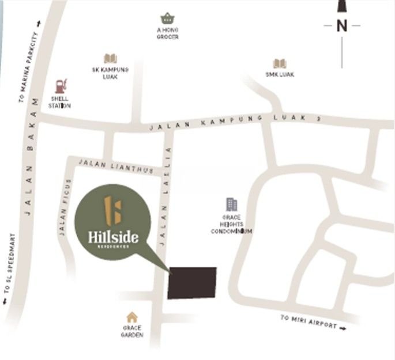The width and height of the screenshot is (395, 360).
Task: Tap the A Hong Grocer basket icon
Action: pyautogui.click(x=168, y=18)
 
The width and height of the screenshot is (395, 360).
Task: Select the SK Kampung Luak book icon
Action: pyautogui.click(x=110, y=58)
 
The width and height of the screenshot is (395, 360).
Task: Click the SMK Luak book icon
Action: pyautogui.click(x=280, y=63)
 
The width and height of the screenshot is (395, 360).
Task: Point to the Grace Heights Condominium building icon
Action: pyautogui.click(x=231, y=204)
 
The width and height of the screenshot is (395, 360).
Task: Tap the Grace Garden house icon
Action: pyautogui.click(x=132, y=317)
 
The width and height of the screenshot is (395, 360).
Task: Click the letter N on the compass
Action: pyautogui.click(x=342, y=25)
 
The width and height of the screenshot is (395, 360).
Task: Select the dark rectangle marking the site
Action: pyautogui.click(x=192, y=283)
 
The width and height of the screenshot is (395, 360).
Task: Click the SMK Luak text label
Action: pyautogui.click(x=280, y=74)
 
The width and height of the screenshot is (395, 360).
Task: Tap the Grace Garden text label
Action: pyautogui.click(x=132, y=331)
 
